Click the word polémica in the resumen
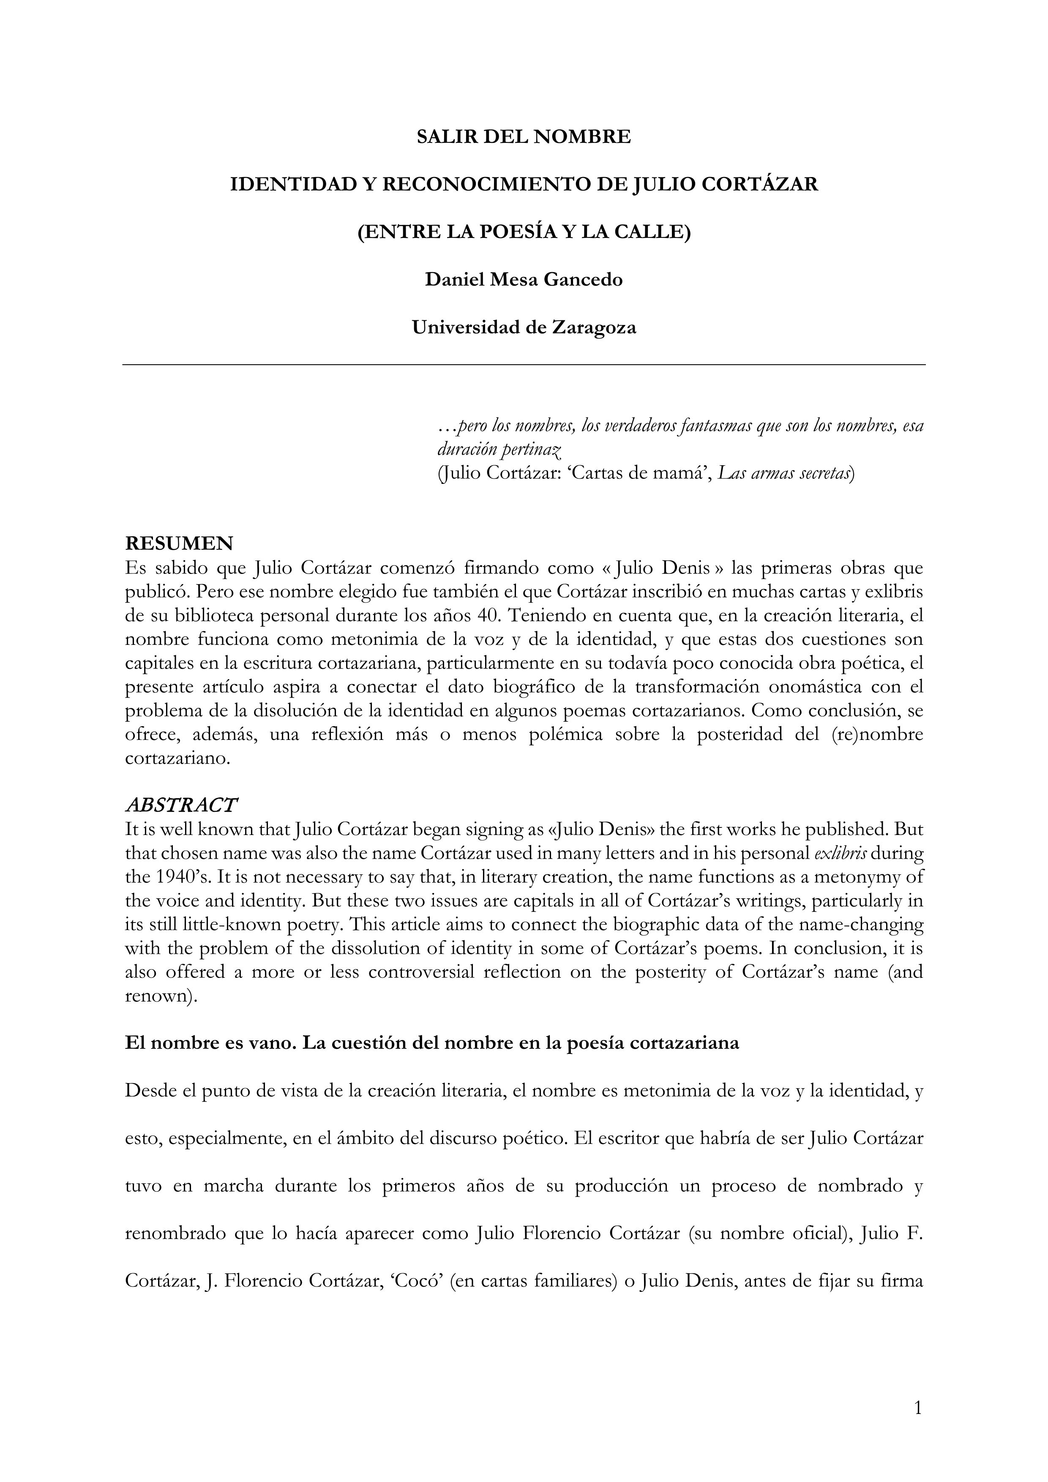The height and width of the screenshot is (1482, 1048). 556,734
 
